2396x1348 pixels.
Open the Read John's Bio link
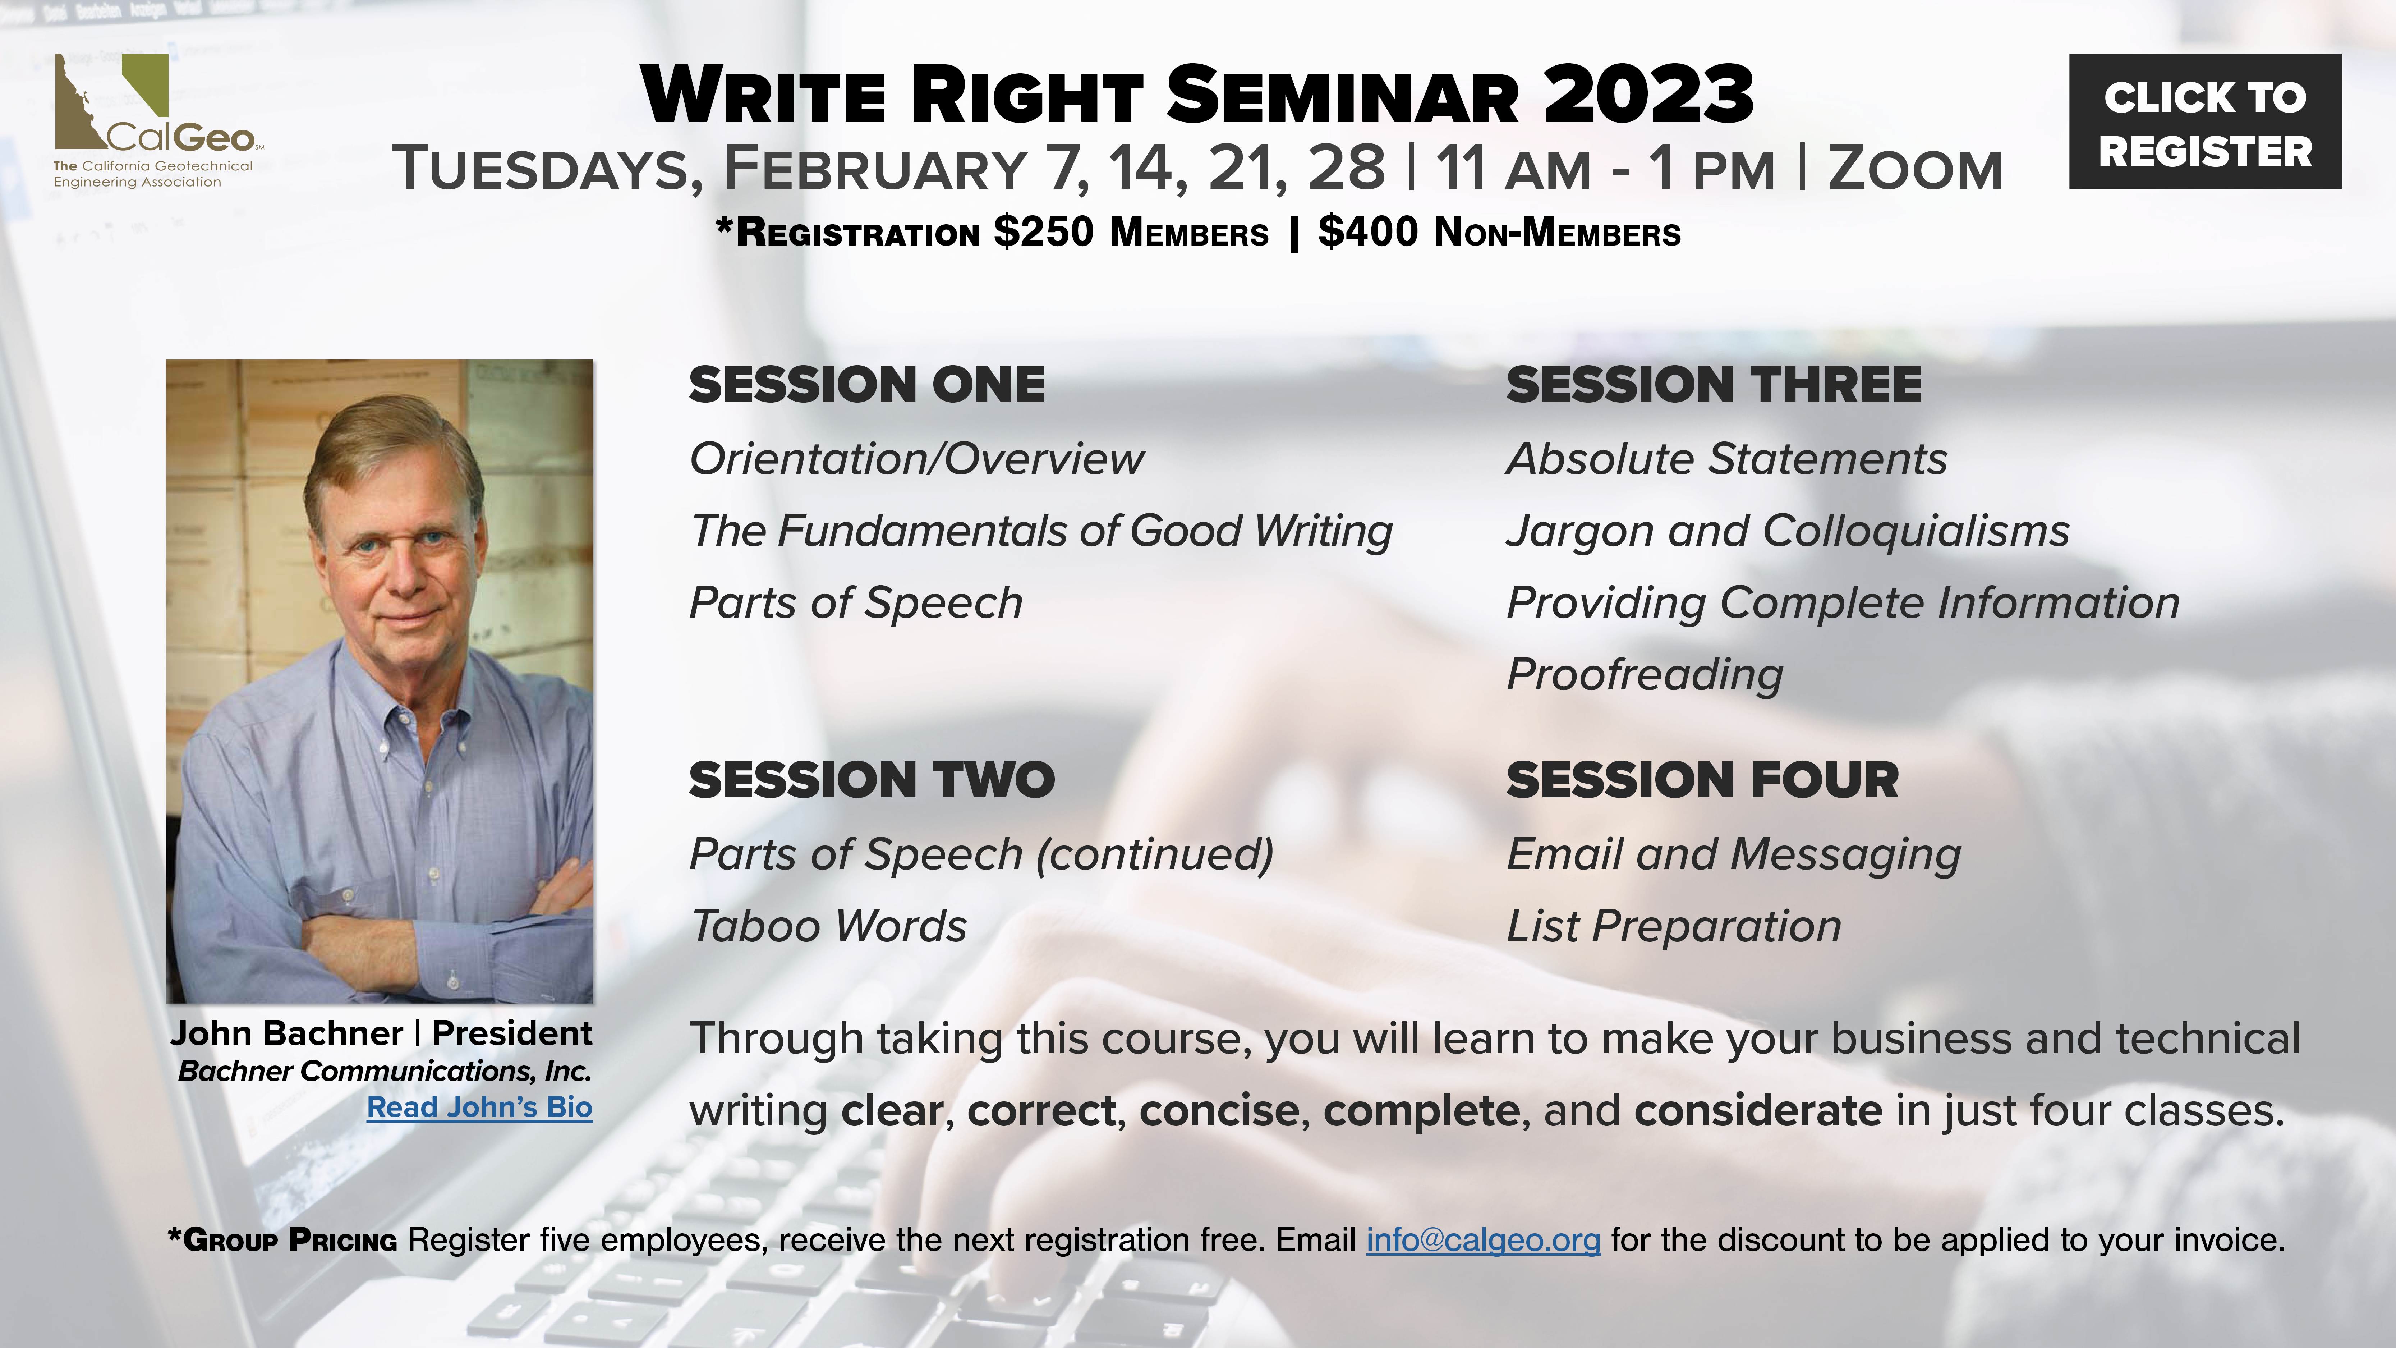[479, 1107]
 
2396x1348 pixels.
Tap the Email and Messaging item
[1734, 855]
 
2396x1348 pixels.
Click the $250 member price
[1044, 231]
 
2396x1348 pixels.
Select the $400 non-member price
[1368, 231]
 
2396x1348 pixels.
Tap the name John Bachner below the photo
[286, 1033]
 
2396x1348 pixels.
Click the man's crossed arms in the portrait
[391, 930]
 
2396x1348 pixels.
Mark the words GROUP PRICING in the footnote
[290, 1240]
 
